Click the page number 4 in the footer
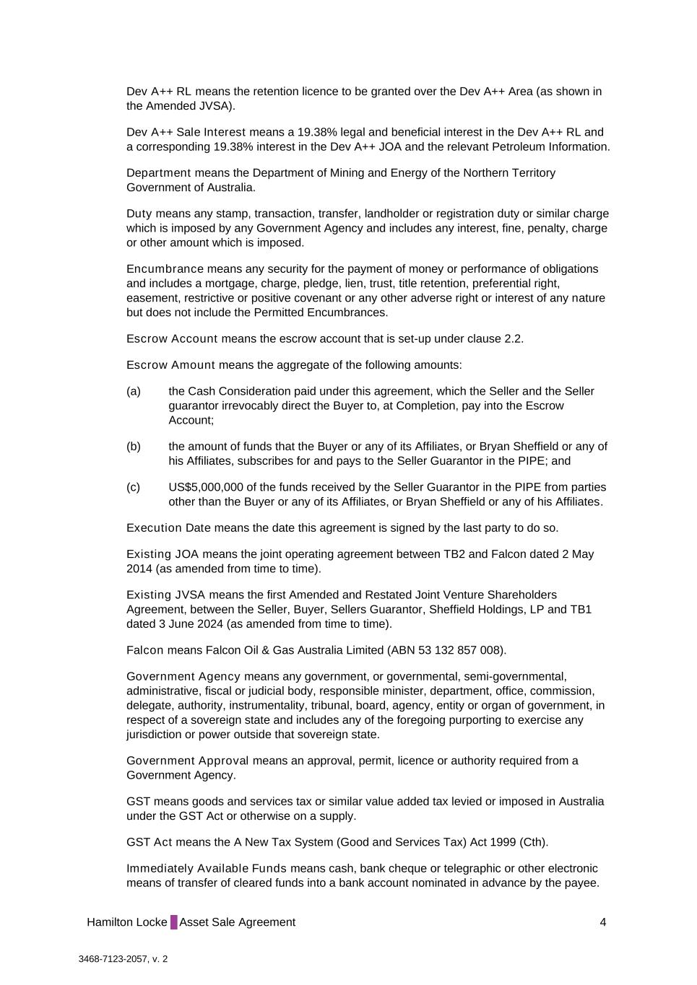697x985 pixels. point(602,922)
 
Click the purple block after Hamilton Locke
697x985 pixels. point(173,922)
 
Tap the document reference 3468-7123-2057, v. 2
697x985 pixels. point(124,960)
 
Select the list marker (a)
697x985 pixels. point(134,391)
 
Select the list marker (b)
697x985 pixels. point(134,447)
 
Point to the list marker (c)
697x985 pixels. point(134,487)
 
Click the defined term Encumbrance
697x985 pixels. point(165,269)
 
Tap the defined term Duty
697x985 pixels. point(139,214)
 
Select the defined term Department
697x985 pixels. point(159,173)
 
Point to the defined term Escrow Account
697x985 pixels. point(172,339)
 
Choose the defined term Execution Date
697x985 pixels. point(168,528)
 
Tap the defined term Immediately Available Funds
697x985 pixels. point(207,869)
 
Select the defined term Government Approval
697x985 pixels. point(187,761)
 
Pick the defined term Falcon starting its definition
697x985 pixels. point(145,650)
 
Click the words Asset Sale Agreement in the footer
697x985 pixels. point(238,922)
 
